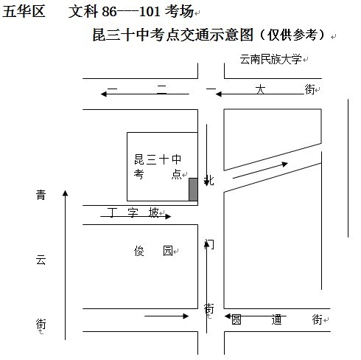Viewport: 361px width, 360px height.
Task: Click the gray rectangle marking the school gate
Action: (x=193, y=190)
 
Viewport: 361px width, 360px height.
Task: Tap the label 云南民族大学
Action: (x=270, y=60)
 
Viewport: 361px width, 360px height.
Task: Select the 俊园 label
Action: (x=153, y=251)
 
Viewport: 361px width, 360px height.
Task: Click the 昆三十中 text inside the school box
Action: (x=158, y=159)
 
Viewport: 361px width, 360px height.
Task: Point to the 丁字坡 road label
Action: (x=133, y=212)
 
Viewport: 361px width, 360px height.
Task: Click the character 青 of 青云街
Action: (x=41, y=195)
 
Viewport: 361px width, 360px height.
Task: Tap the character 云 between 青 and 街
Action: (x=41, y=260)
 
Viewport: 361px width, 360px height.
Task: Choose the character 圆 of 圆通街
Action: (x=236, y=319)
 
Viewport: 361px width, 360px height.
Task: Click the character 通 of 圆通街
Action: (x=276, y=319)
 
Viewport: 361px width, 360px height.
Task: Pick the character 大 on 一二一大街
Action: (x=260, y=89)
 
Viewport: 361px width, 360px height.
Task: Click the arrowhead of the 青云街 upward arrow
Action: (x=65, y=193)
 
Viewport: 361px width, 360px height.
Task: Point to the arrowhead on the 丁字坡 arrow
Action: (x=168, y=216)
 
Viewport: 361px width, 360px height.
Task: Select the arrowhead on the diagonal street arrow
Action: (x=285, y=164)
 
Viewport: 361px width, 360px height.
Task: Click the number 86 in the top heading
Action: (x=109, y=11)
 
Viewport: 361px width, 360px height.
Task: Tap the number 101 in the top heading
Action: (x=150, y=11)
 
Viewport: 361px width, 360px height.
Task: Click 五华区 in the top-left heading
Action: (x=24, y=11)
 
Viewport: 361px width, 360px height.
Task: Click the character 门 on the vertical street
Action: (x=209, y=244)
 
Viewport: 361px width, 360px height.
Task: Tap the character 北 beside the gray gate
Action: (x=209, y=181)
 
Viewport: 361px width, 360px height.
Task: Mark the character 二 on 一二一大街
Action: (x=162, y=89)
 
